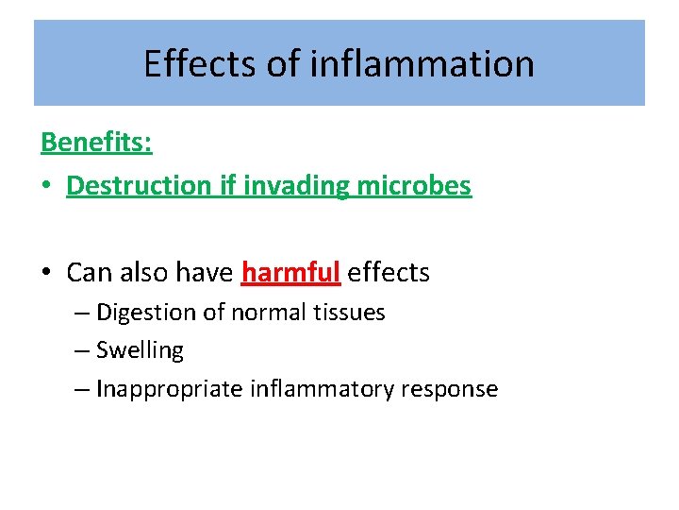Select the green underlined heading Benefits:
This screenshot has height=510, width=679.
click(97, 144)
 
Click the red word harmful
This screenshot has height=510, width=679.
click(290, 273)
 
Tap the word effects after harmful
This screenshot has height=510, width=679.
click(389, 273)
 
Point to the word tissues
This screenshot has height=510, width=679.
click(349, 313)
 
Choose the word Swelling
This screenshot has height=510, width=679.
click(140, 350)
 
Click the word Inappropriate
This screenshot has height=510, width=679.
click(170, 389)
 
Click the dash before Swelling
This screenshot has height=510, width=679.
click(81, 350)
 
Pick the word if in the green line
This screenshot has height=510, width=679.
click(228, 186)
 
